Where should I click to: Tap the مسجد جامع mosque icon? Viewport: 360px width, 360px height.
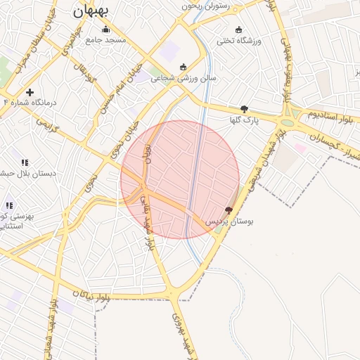click(105, 30)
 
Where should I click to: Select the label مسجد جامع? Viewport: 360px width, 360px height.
click(105, 41)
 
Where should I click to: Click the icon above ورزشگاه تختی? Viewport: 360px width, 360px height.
click(238, 30)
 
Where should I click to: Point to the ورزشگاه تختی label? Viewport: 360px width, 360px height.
click(238, 41)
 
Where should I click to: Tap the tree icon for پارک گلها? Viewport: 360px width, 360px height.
click(244, 109)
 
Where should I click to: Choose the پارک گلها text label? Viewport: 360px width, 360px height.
click(244, 120)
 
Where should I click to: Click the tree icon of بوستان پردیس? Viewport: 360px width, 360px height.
click(229, 210)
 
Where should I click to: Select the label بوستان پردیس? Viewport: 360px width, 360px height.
click(229, 221)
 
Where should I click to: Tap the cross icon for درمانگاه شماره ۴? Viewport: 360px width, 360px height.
click(30, 92)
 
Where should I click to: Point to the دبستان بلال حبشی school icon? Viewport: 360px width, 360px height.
click(25, 162)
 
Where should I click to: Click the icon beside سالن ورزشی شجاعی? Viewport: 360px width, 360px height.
click(184, 67)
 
